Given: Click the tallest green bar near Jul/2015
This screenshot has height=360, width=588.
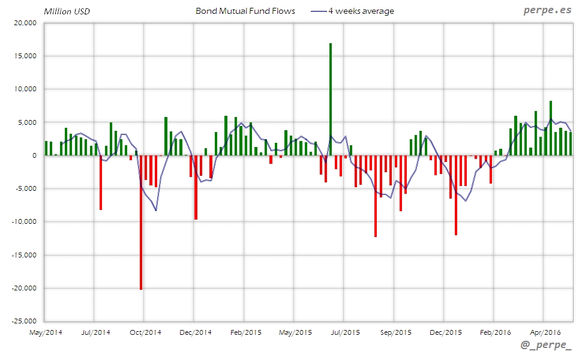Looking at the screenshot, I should [331, 99].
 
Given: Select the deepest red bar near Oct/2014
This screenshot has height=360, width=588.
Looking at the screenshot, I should [141, 222].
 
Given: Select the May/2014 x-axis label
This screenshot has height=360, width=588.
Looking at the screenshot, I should [45, 331].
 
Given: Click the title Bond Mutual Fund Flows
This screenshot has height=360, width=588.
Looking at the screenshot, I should [245, 11].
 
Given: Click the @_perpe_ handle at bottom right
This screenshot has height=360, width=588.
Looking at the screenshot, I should [545, 347].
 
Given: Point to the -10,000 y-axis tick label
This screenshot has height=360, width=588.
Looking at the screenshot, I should [24, 221].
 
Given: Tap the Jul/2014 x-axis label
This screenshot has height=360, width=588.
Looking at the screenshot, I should [95, 331].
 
